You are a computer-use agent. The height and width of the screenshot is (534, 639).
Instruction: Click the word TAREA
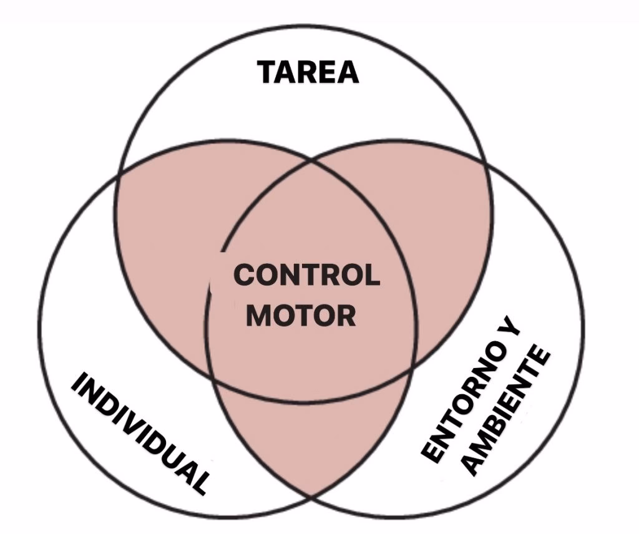308,72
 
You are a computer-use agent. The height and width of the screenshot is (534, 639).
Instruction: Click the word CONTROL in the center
306,275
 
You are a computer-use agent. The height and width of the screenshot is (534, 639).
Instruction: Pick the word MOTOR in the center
301,315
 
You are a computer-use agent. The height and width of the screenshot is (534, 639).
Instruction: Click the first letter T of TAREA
268,72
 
